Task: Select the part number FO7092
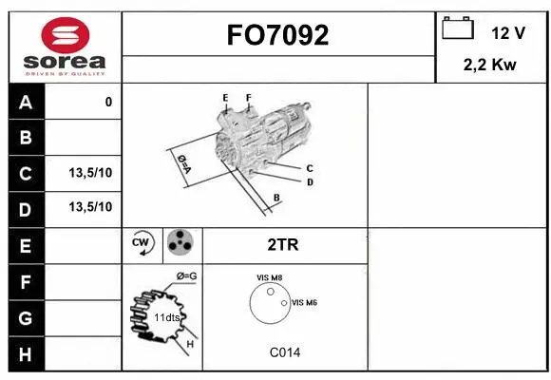point(277,36)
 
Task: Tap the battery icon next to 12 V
point(458,29)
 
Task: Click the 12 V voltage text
point(508,33)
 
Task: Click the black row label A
point(26,102)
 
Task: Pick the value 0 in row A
point(108,102)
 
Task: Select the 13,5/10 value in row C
point(90,173)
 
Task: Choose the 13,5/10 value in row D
point(90,207)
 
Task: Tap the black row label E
point(26,245)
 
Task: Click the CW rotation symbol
point(142,244)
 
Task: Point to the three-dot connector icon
point(180,244)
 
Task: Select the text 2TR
point(283,245)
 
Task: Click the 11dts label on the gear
point(166,316)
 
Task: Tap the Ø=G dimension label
point(186,276)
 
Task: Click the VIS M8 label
point(270,277)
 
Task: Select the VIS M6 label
point(304,302)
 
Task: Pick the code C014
point(284,352)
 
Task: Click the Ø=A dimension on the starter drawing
point(183,163)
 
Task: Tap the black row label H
point(26,354)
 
